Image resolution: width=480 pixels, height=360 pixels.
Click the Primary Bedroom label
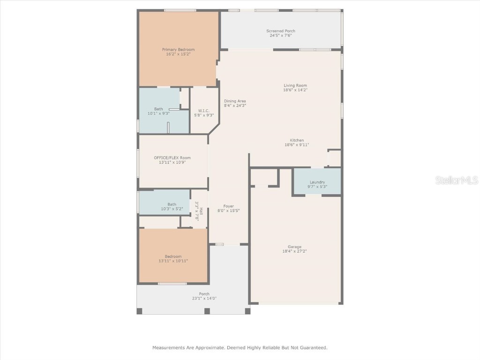(x=178, y=50)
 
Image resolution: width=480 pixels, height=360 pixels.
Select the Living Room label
(x=295, y=85)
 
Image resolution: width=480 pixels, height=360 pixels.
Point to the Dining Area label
(x=235, y=101)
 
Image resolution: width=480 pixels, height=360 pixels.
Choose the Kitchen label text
(x=297, y=140)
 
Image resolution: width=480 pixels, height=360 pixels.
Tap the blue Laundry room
(x=317, y=182)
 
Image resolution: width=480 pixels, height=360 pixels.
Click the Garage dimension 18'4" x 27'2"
(x=294, y=251)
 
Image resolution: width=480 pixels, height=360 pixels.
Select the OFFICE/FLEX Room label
(x=172, y=158)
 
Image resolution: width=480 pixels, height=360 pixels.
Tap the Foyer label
(x=228, y=206)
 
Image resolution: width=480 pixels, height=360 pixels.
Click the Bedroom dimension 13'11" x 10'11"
(x=173, y=261)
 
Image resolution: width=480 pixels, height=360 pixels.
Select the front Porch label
(x=204, y=294)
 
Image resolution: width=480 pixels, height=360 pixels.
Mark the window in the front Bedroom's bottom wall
(x=172, y=284)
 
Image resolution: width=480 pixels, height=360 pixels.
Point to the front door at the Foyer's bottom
(x=220, y=244)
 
